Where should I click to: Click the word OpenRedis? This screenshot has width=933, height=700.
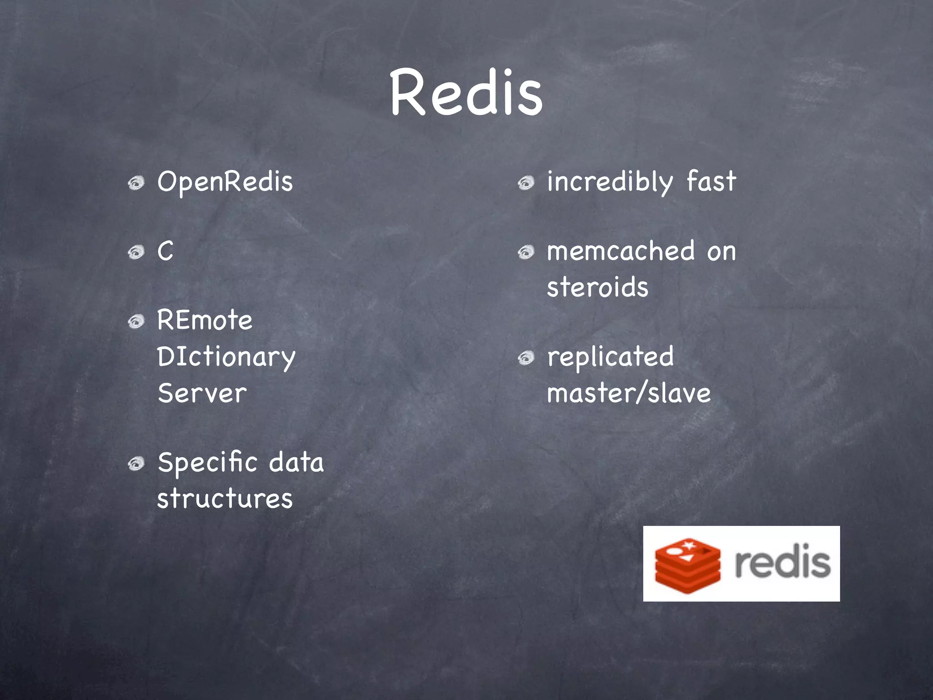pos(225,182)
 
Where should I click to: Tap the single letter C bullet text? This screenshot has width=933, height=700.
pos(165,251)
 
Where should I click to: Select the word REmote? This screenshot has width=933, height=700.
pos(205,320)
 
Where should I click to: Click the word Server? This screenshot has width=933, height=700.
pos(202,393)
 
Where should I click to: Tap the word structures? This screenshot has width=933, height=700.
pos(225,498)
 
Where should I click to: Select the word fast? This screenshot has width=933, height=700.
pos(711,181)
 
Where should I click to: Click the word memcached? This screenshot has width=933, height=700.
pos(620,251)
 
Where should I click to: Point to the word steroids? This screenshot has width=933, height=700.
pos(597,287)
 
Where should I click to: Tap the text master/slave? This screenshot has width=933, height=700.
pos(629,393)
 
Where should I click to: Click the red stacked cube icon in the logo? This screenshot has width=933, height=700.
pos(687,565)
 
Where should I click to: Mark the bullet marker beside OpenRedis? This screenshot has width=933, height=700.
pos(136,184)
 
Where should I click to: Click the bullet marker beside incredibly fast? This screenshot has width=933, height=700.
pos(526,184)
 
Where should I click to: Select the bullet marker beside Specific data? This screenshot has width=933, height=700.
pos(136,464)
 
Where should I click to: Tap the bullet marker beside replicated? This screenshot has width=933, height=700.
pos(526,358)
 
